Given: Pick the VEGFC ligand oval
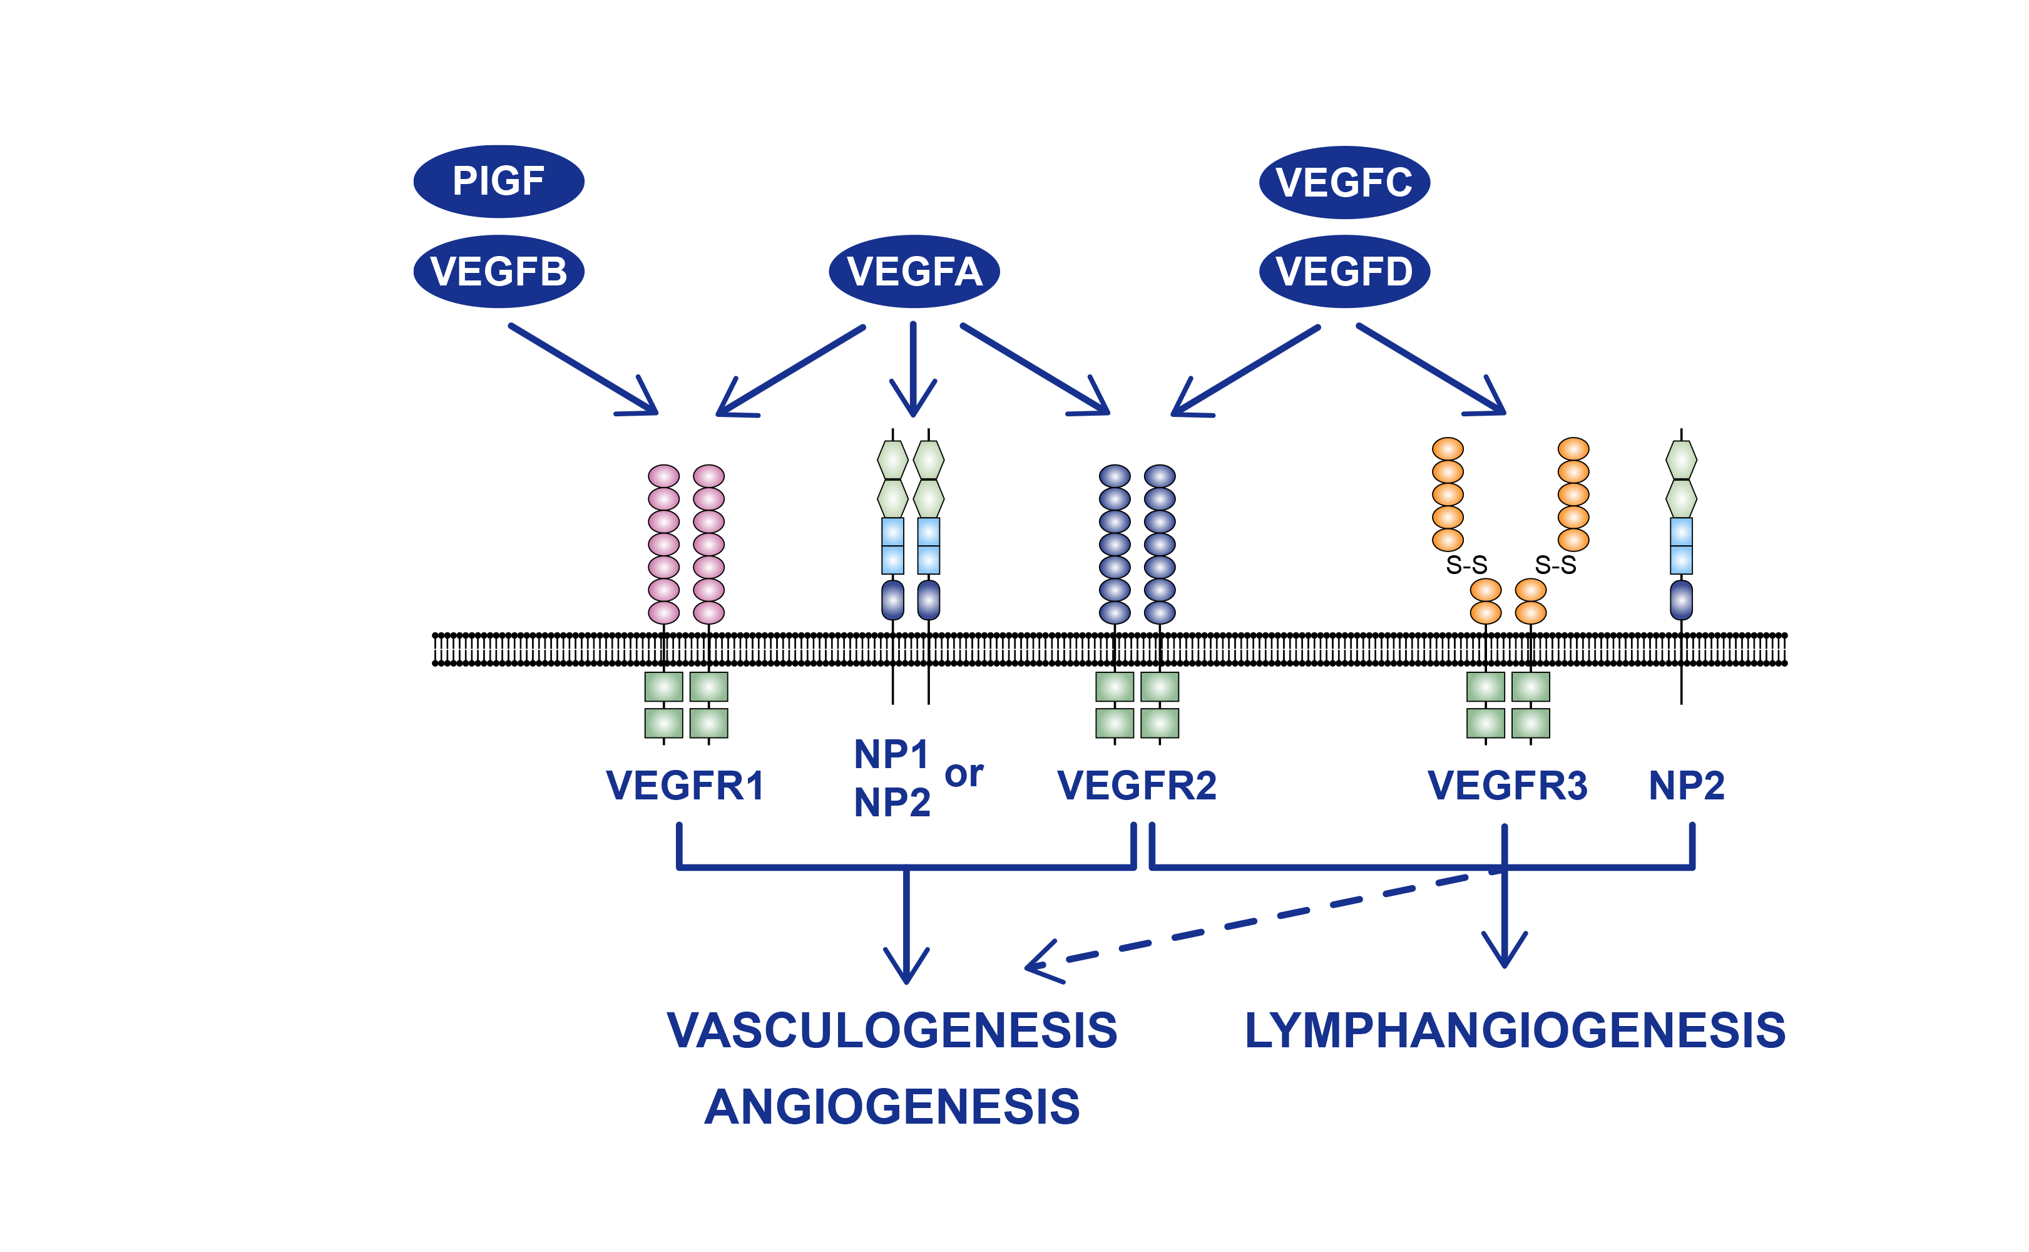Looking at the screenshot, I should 1344,182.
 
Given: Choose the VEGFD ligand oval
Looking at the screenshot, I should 1344,272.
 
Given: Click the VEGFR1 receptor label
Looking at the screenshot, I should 685,785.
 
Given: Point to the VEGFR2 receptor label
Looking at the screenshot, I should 1137,785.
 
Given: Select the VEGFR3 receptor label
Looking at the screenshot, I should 1506,785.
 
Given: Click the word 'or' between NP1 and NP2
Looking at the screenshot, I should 964,775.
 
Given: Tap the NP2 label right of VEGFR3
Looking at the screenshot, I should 1686,785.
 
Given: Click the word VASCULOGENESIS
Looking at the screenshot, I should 892,1031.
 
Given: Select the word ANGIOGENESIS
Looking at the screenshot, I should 892,1106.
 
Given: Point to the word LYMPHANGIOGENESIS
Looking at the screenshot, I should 1515,1031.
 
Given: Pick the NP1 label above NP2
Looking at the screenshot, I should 891,754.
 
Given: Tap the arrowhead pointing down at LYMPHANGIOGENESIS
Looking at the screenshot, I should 1504,952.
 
